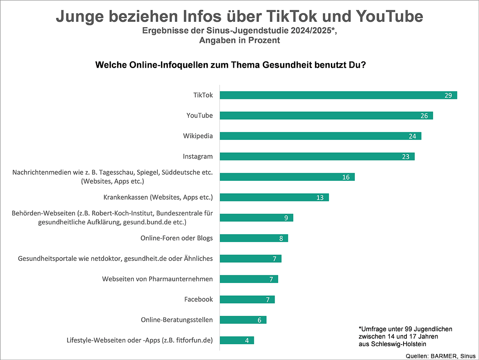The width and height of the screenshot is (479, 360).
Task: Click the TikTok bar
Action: point(338,95)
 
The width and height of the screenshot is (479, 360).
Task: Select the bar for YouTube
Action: point(326,116)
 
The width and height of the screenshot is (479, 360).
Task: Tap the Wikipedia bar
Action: point(320,136)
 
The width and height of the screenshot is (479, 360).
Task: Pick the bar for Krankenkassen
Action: point(274,197)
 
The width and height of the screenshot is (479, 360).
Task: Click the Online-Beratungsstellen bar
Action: point(243,320)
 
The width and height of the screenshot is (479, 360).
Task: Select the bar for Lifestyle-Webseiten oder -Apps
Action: point(236,340)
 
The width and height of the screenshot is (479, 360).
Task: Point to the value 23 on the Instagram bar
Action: point(406,156)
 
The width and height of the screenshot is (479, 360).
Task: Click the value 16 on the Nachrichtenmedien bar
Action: point(346,177)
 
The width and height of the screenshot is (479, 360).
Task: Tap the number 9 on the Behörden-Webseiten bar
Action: point(286,218)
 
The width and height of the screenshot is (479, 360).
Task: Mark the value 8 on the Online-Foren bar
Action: point(281,238)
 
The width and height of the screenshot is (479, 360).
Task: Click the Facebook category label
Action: point(198,299)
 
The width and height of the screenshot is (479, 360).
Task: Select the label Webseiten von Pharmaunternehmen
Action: point(157,279)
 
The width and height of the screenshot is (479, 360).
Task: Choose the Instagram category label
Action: point(198,156)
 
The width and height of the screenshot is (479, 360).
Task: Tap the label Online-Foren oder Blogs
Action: point(176,238)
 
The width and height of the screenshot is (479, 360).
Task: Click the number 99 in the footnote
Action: point(401,328)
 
